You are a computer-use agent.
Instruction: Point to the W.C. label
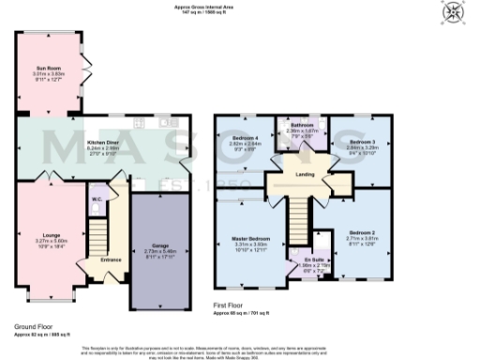tap(97, 200)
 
